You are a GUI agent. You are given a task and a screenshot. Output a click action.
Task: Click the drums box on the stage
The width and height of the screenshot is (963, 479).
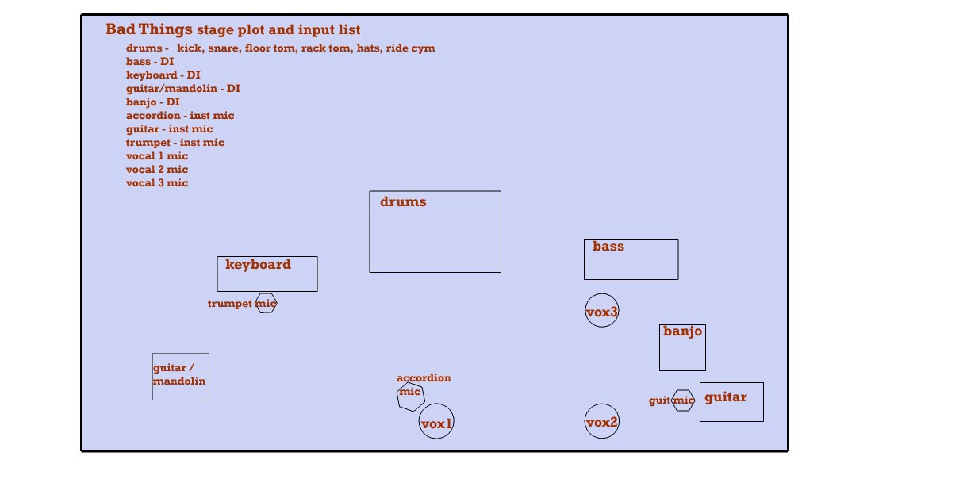435,232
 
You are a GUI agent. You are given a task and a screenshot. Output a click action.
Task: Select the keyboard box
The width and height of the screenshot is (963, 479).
267,274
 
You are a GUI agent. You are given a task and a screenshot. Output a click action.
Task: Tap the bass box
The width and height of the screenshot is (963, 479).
631,259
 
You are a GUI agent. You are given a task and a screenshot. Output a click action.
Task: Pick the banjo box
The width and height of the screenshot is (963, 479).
682,347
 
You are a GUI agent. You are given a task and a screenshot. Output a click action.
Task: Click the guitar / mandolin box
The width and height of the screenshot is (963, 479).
181,377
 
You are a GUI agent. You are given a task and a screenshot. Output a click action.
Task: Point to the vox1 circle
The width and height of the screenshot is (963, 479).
436,421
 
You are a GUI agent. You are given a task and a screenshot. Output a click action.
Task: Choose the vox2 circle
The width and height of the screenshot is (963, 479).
602,421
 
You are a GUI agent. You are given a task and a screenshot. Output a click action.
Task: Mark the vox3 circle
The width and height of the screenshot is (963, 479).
602,311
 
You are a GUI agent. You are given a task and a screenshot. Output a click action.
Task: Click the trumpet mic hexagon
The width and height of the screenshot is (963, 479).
266,303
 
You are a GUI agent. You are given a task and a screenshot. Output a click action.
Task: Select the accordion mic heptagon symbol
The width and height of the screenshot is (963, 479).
411,396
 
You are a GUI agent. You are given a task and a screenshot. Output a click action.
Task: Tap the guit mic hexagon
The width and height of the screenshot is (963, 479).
683,400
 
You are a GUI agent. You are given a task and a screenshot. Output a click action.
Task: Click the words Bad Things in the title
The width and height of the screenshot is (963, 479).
149,29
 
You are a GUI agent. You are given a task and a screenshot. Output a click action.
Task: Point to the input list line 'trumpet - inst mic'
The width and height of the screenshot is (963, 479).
175,143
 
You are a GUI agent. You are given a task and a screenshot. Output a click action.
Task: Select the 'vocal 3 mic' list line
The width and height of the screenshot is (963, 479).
157,183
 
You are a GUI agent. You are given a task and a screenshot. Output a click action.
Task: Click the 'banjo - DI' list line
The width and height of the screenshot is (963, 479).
153,102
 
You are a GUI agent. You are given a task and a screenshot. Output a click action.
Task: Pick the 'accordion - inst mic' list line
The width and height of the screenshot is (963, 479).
180,116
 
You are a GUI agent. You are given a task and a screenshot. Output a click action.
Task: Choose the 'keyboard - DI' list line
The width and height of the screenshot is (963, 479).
163,75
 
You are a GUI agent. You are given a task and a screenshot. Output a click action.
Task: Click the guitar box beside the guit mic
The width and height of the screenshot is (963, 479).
731,402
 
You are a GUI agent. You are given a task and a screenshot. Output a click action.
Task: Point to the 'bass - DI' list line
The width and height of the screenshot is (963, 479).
150,62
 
